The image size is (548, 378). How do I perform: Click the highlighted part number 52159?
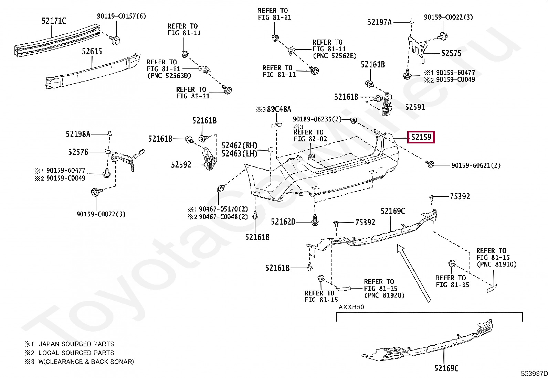click(421, 138)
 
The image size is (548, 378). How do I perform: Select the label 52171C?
click(54, 21)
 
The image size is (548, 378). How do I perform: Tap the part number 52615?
click(92, 51)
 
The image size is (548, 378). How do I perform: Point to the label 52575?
click(451, 53)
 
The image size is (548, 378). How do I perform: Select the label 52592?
click(181, 165)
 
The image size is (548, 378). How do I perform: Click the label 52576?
click(78, 152)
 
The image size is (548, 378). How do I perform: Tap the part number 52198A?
click(78, 134)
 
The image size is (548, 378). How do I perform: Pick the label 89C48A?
click(279, 109)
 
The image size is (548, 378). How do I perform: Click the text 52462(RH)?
click(239, 145)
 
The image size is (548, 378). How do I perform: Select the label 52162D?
click(283, 222)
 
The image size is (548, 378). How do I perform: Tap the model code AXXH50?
click(351, 307)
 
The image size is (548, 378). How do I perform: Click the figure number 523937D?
click(534, 374)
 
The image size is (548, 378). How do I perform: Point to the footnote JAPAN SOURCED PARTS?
click(76, 344)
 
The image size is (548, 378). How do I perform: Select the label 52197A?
click(379, 22)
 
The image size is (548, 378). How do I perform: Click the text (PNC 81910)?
click(496, 264)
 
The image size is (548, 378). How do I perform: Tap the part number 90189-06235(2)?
click(317, 119)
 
